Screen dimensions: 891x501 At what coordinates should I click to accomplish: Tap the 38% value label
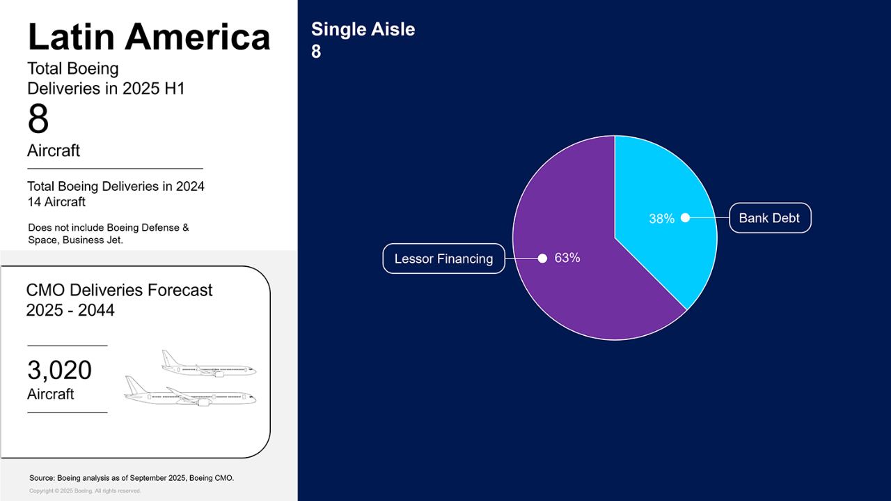[x=661, y=219]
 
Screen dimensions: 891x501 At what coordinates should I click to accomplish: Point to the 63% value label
[x=567, y=258]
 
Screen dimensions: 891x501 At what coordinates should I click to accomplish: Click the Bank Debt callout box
[x=770, y=218]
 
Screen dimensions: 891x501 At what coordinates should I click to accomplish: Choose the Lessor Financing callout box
[x=444, y=259]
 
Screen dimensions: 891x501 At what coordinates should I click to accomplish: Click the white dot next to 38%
[x=685, y=217]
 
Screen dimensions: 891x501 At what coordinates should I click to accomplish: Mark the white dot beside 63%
[x=542, y=259]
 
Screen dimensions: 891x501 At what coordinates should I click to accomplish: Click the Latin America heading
[x=149, y=37]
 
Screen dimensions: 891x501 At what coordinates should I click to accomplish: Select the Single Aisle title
[x=363, y=29]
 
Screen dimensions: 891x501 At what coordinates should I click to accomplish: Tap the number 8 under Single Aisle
[x=316, y=52]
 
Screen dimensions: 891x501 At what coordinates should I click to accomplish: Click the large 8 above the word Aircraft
[x=38, y=118]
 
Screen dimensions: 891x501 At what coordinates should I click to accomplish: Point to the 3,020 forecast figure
[x=60, y=370]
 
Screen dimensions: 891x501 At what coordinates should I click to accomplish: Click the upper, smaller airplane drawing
[x=209, y=363]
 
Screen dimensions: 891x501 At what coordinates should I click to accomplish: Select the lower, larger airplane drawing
[x=190, y=391]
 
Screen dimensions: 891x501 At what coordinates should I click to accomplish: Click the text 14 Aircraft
[x=56, y=202]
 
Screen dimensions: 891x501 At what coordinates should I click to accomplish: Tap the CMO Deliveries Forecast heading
[x=119, y=291]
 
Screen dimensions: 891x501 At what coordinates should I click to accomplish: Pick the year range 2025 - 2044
[x=70, y=310]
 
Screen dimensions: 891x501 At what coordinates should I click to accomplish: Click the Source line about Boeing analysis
[x=132, y=478]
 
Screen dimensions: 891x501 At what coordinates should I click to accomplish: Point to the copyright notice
[x=85, y=491]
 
